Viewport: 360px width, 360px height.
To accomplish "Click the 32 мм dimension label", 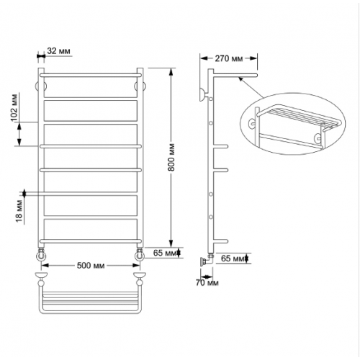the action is pyautogui.click(x=58, y=51).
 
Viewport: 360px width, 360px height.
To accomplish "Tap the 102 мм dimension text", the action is pyautogui.click(x=14, y=107).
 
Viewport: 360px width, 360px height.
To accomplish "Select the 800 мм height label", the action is pyautogui.click(x=171, y=157).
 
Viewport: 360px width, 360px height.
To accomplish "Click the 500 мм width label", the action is pyautogui.click(x=91, y=266).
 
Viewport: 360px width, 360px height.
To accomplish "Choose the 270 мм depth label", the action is pyautogui.click(x=229, y=58).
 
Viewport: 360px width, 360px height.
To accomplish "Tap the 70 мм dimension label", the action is pyautogui.click(x=207, y=283).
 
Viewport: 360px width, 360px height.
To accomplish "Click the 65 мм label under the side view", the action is pyautogui.click(x=233, y=258).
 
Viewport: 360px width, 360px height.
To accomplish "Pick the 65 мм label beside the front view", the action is pyautogui.click(x=165, y=253).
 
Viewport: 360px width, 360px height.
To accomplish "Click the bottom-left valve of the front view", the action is pyautogui.click(x=41, y=255).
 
